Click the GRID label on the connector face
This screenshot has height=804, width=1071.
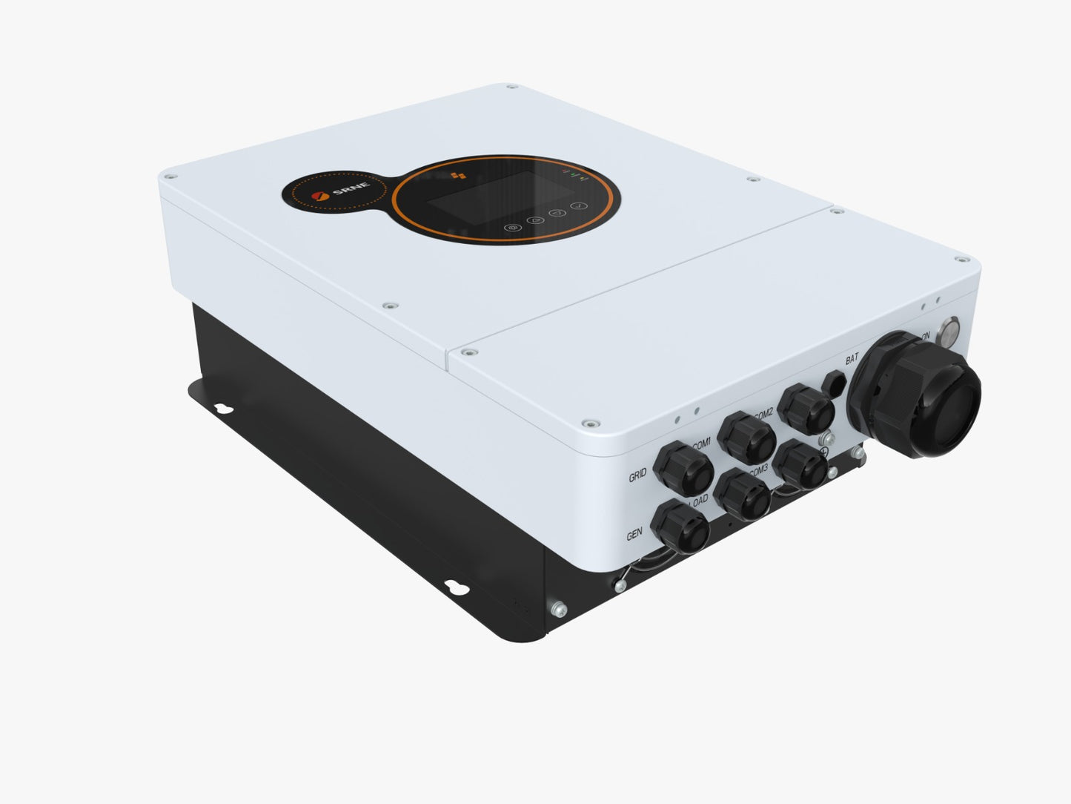tap(637, 476)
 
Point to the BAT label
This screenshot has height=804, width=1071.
tap(852, 359)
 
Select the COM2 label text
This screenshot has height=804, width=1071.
tap(763, 413)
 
